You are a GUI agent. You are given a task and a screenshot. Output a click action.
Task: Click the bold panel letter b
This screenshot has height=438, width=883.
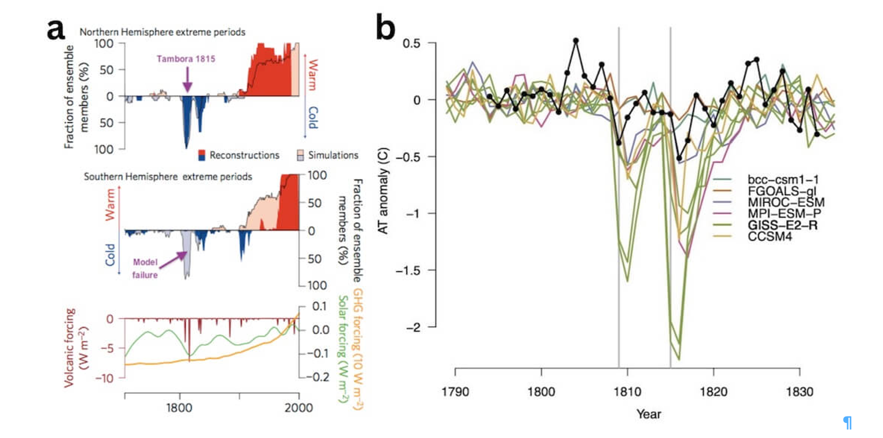click(385, 27)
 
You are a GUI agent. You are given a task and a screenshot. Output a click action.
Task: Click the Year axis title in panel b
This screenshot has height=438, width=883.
click(648, 414)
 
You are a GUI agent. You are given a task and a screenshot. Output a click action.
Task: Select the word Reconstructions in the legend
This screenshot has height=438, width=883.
click(244, 155)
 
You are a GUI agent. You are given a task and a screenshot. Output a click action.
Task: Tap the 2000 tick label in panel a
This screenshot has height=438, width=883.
click(299, 407)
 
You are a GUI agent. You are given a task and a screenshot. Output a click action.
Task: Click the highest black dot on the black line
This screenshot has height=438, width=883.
click(576, 41)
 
